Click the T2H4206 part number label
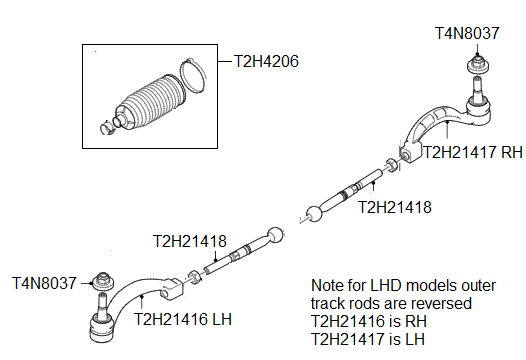tap(266, 60)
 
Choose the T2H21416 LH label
tap(184, 319)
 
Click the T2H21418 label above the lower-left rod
tap(189, 241)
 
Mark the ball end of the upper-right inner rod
tap(315, 212)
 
